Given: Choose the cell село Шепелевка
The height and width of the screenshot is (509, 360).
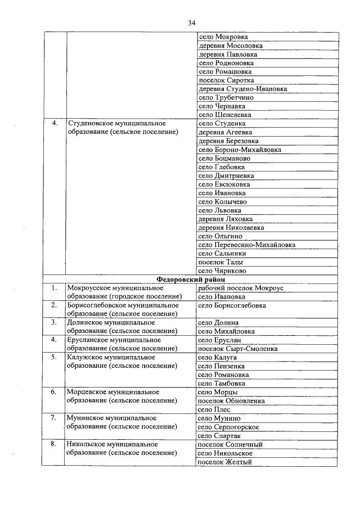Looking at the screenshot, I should [x=225, y=115].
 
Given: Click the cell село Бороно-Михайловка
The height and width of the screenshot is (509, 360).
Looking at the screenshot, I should [x=240, y=150].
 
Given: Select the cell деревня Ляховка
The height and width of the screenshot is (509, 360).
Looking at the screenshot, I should [x=226, y=219].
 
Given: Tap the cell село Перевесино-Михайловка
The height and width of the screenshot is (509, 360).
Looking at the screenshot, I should [x=247, y=245].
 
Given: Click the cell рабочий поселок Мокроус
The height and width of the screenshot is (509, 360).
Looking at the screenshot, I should [x=241, y=288].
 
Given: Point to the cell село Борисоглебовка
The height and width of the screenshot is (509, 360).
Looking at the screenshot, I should [x=232, y=305].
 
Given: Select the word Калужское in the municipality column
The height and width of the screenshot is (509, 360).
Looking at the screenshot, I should [x=84, y=357].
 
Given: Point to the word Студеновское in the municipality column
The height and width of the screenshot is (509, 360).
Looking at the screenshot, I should [x=89, y=123].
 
